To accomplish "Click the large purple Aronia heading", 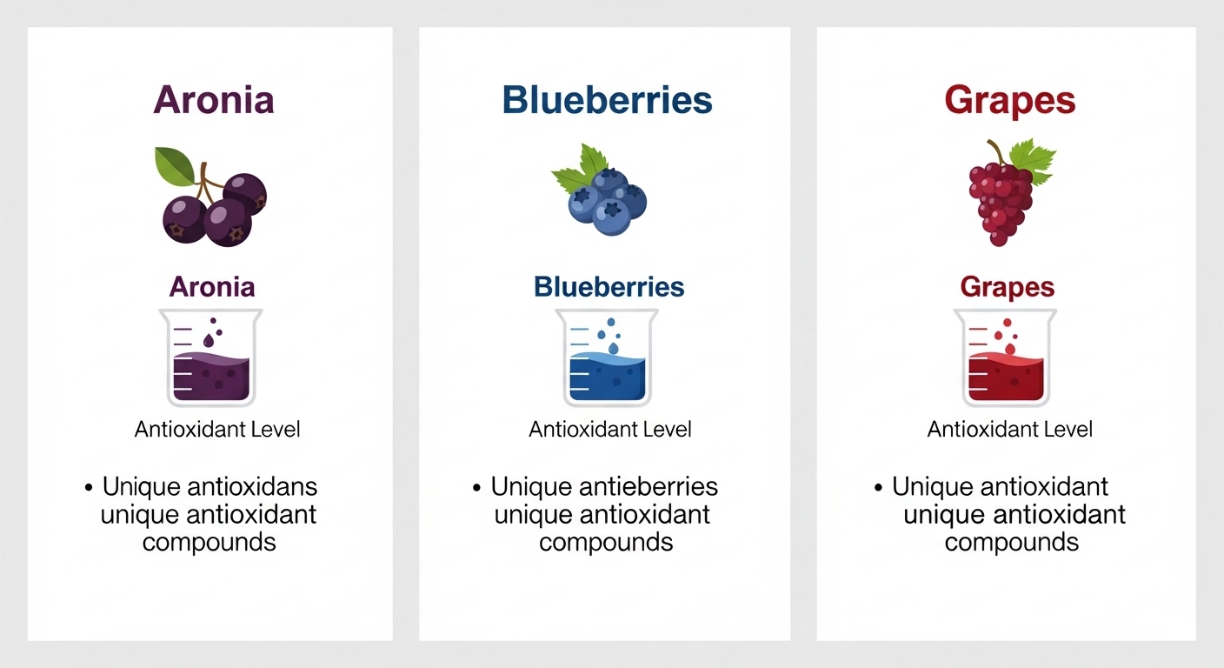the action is point(214,100).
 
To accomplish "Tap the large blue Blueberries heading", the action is point(607,100).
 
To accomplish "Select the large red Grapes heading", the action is point(1010,102).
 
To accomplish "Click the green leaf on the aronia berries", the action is point(175,165).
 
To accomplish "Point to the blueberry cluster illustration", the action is point(600,190).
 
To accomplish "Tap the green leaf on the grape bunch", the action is point(1033,160).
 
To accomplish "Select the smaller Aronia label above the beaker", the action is point(212,287).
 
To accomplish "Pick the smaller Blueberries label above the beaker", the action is point(609,287).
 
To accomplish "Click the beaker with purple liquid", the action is point(211,358).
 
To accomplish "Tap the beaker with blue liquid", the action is point(607,358).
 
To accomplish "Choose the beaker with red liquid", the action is point(1006,358).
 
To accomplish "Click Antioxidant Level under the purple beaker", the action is point(217,430).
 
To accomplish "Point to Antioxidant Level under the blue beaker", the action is point(609,430).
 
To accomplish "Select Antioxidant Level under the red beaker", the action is point(1010,430).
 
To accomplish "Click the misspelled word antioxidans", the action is point(252,486).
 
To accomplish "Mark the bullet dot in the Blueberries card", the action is point(477,488).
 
